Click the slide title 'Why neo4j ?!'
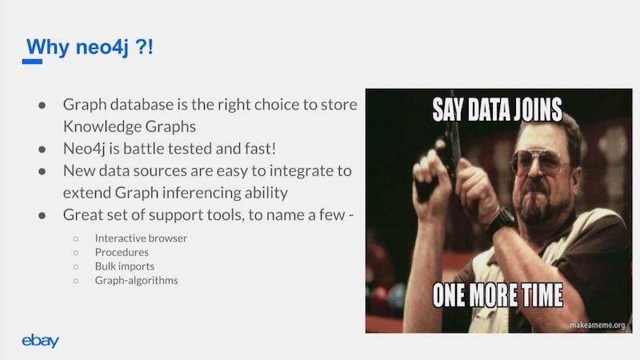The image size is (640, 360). pos(90,47)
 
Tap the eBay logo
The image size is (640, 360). pos(41,341)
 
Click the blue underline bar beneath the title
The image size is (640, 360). pos(32,62)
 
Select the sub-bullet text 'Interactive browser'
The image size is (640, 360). pos(141,238)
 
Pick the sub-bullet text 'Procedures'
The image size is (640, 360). pos(122,252)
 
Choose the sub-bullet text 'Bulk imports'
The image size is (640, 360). pos(125,266)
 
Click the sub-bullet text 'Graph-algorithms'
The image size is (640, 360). pos(136,281)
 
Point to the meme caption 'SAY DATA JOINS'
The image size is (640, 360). pos(497,110)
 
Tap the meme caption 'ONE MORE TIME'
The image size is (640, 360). pos(498,294)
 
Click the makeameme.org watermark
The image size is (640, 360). pos(597,325)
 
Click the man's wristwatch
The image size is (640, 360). pos(501,222)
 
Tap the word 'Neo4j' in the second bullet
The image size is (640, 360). pos(84,149)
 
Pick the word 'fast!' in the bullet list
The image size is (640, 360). pos(261,149)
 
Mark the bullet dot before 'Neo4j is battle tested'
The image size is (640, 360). pos(42,150)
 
